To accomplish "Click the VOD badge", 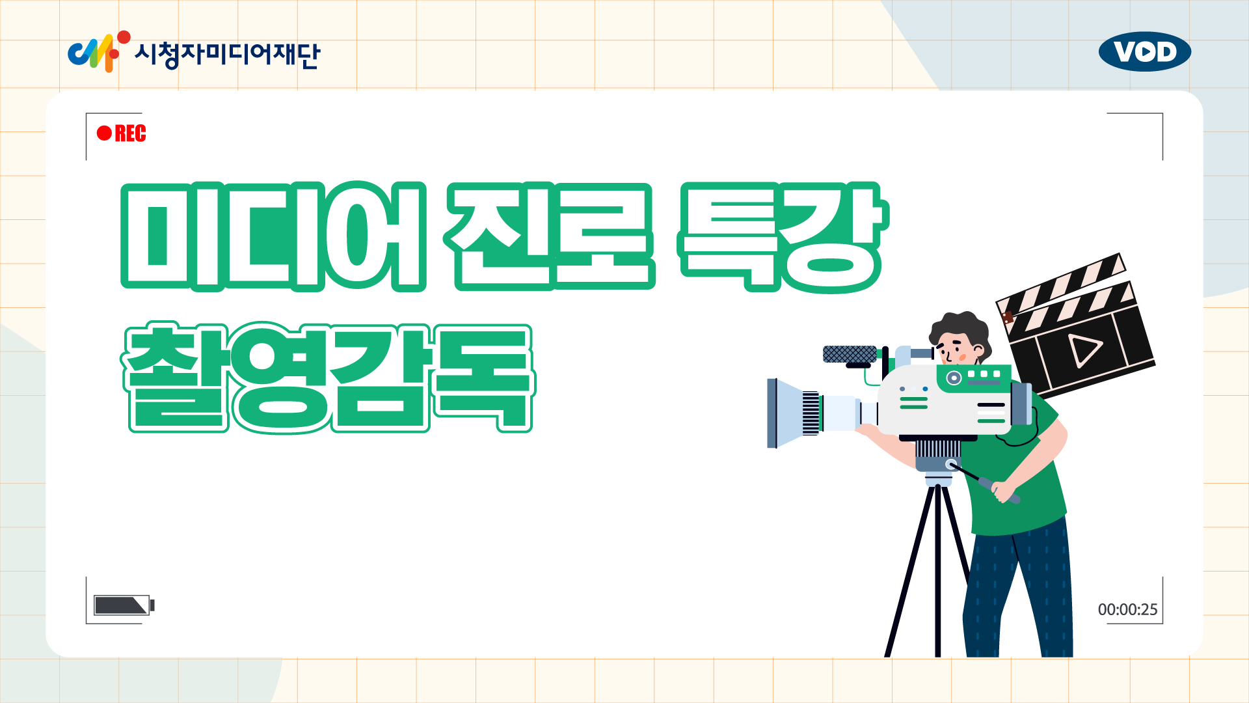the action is coord(1145,51).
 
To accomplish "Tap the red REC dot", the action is coord(104,133).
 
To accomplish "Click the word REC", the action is coord(130,133).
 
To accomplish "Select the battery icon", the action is coord(124,605).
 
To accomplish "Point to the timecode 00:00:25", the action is coord(1128,610).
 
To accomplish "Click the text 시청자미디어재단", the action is coord(227,53).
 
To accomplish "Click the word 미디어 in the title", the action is coord(273,237).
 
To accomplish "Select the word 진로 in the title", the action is coord(550,236).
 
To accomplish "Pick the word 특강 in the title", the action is coord(782,238).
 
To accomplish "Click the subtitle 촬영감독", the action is coord(329,378).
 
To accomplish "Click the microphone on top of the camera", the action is coord(850,354).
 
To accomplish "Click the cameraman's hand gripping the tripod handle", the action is coord(1004,491).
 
